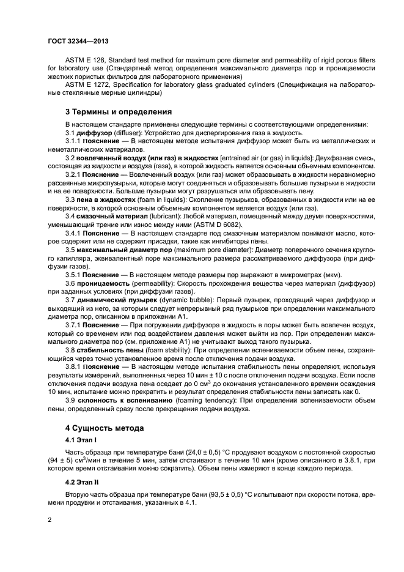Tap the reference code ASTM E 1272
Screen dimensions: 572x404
[x=86, y=85]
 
